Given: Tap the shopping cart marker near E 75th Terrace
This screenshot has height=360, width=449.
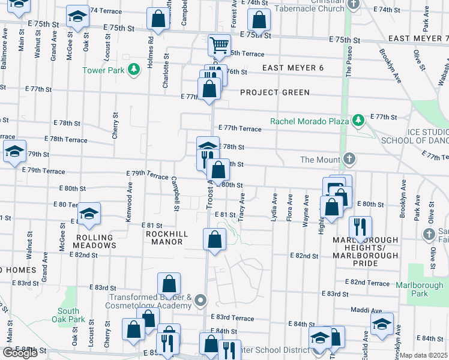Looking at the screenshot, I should (x=220, y=44).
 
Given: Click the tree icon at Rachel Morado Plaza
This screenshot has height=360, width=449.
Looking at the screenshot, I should (x=358, y=121).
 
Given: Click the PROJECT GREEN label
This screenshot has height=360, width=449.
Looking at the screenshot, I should (x=275, y=92).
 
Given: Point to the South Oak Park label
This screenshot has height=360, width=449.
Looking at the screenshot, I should (x=68, y=315).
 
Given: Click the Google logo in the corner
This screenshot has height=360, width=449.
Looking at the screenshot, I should (x=20, y=353).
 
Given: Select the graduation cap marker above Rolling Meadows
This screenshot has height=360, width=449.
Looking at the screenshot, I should (x=89, y=214).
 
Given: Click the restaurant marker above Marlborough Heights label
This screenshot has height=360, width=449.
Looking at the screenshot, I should (x=360, y=227).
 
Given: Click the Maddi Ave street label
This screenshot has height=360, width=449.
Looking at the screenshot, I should (x=370, y=311).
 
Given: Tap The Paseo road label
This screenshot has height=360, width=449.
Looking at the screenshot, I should (x=349, y=62).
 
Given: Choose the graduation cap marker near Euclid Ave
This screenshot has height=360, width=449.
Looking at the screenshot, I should (x=382, y=324).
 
